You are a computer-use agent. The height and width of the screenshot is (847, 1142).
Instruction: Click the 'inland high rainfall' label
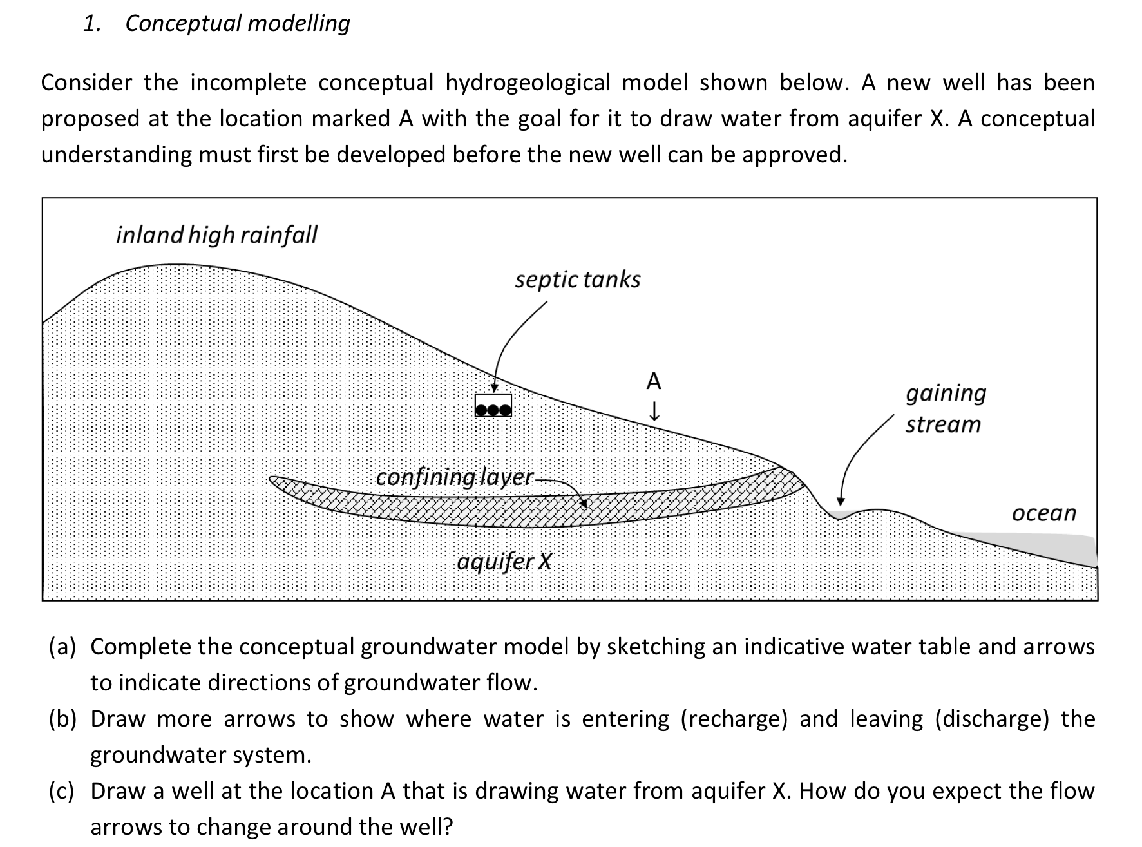[216, 235]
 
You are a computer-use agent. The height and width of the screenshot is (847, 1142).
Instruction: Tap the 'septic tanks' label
[577, 280]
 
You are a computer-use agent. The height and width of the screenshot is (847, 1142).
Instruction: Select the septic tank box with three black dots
[493, 406]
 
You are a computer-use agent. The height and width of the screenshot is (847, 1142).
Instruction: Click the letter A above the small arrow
[653, 381]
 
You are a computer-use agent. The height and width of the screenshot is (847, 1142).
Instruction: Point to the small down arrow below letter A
[654, 411]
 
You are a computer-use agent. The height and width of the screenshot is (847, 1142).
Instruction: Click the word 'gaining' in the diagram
[946, 393]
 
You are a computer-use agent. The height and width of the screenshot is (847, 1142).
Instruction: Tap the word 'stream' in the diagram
[943, 425]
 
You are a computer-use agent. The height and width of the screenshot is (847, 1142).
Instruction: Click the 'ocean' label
[1043, 513]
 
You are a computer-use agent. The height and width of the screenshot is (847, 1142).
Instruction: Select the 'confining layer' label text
[454, 478]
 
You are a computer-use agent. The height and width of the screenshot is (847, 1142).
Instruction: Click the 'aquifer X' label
[504, 562]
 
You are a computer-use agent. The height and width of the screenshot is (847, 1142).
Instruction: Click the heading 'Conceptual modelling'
[237, 23]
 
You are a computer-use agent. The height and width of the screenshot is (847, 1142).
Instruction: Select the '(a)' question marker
[62, 647]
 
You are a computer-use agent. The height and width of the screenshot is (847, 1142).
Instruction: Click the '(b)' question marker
[62, 719]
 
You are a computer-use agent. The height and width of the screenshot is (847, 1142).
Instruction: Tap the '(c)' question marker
[62, 791]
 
